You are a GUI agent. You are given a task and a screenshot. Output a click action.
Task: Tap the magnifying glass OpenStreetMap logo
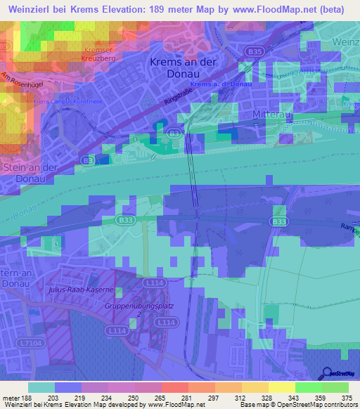pyautogui.click(x=329, y=374)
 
